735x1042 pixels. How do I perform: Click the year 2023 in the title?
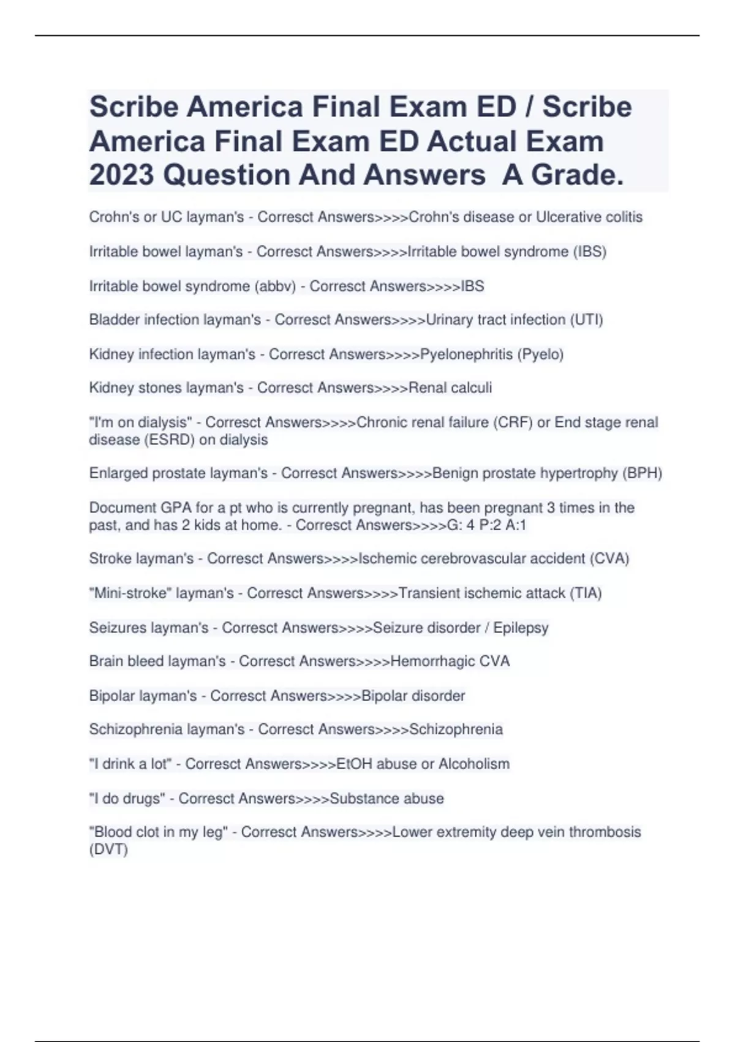click(121, 175)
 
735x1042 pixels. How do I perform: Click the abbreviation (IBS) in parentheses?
click(589, 252)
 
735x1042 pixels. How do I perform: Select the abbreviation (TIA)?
click(586, 593)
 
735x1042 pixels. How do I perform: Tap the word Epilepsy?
click(521, 628)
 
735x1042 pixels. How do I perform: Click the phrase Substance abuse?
click(386, 799)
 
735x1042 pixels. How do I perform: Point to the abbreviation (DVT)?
click(108, 850)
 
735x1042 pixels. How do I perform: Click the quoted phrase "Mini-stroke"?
click(130, 593)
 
